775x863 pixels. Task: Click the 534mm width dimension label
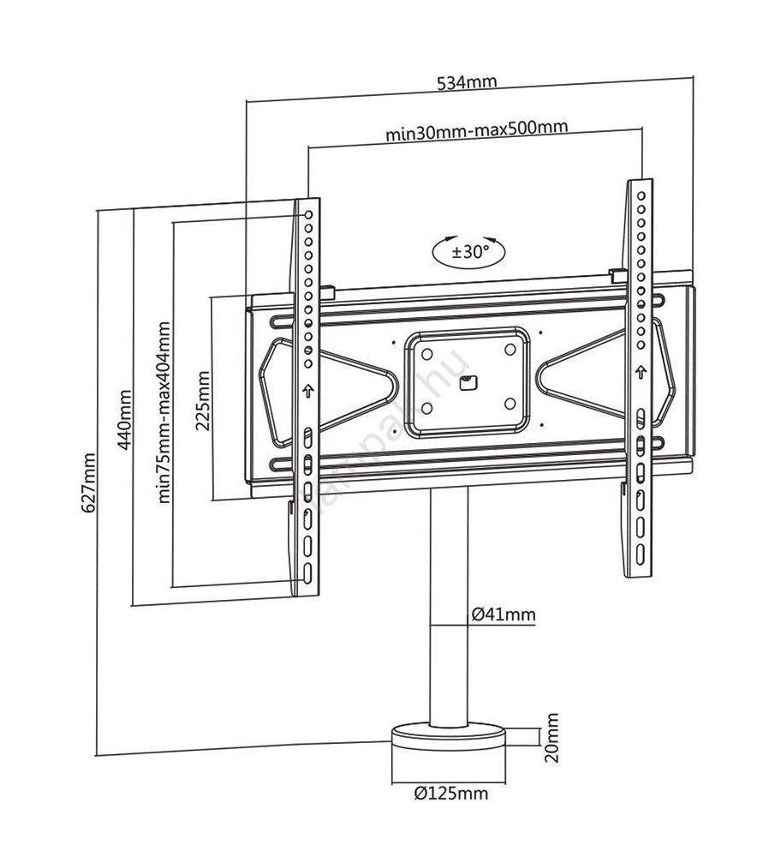pyautogui.click(x=467, y=82)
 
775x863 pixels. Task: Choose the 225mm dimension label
pyautogui.click(x=203, y=400)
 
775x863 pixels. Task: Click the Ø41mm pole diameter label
pyautogui.click(x=504, y=614)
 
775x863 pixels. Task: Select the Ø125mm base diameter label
pyautogui.click(x=450, y=794)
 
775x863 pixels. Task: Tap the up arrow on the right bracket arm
pyautogui.click(x=641, y=373)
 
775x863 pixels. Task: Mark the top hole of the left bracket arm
pyautogui.click(x=308, y=210)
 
